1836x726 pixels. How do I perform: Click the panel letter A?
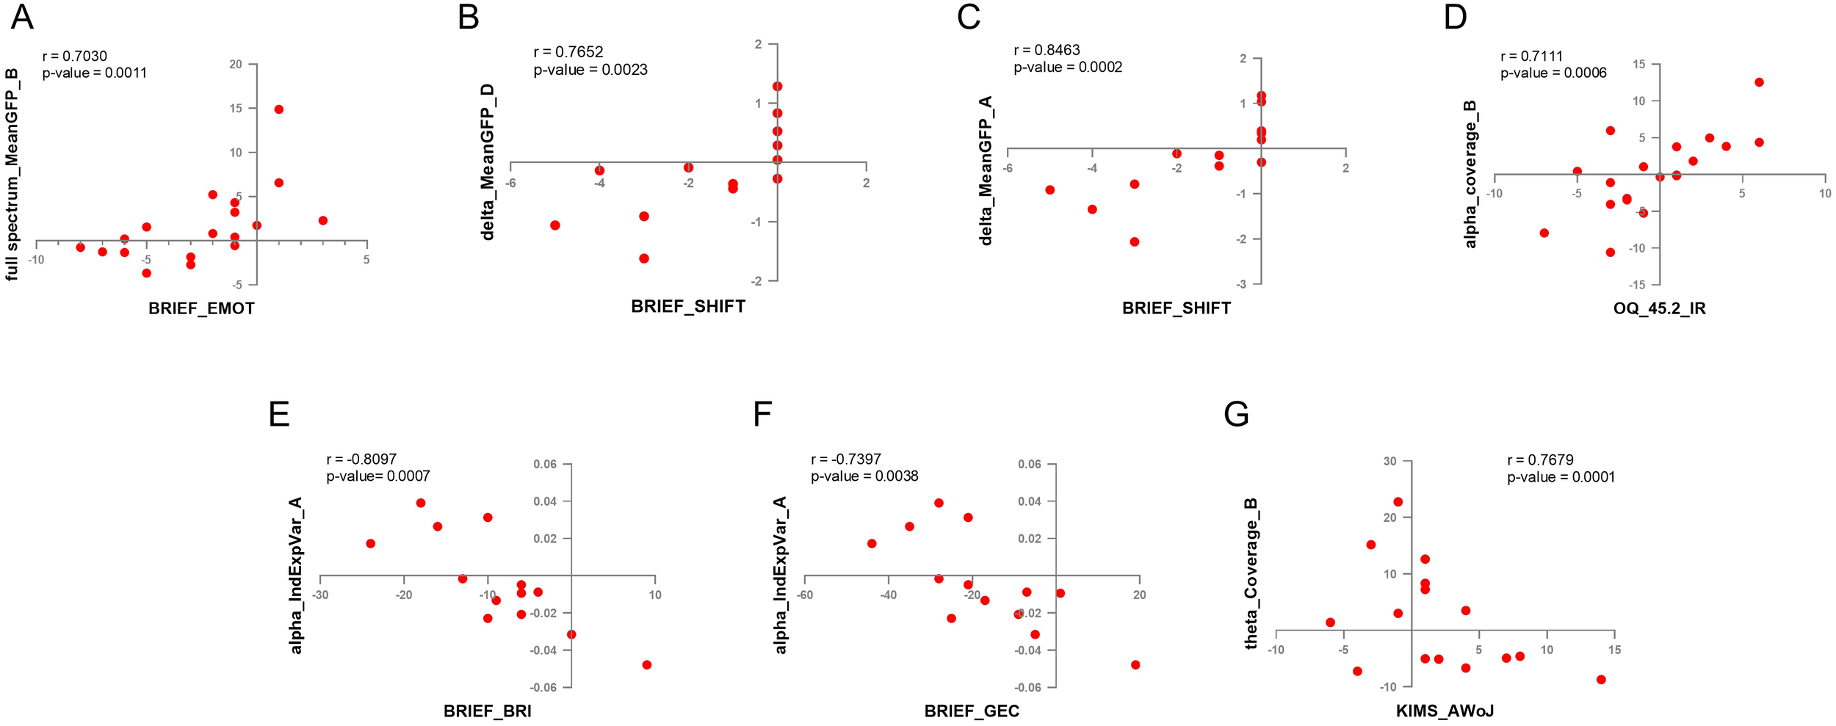[x=22, y=17]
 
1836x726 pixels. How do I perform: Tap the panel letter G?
[x=1236, y=415]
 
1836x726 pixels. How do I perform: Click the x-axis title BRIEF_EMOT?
[x=201, y=308]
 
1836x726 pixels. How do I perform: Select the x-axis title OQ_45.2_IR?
[x=1659, y=308]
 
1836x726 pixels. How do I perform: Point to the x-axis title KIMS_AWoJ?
[x=1445, y=711]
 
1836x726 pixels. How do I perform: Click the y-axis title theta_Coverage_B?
[x=1251, y=573]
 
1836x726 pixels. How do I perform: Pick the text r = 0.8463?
[x=1047, y=50]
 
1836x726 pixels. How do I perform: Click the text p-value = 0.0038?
[x=864, y=476]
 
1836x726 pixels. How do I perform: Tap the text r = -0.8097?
[x=361, y=460]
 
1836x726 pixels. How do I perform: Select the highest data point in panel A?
[x=278, y=109]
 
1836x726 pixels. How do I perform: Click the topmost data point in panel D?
[x=1759, y=82]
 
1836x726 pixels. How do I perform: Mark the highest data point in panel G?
[x=1398, y=502]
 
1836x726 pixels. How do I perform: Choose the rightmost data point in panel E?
[x=647, y=665]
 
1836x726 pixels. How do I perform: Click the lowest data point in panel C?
[x=1134, y=242]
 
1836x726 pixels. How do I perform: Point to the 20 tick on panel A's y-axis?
[x=235, y=65]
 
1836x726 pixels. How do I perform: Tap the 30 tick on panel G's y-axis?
[x=1389, y=462]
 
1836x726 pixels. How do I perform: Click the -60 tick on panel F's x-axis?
[x=805, y=595]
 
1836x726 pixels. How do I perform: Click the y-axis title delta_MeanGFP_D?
[x=488, y=161]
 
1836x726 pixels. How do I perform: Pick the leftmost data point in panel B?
[x=555, y=225]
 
